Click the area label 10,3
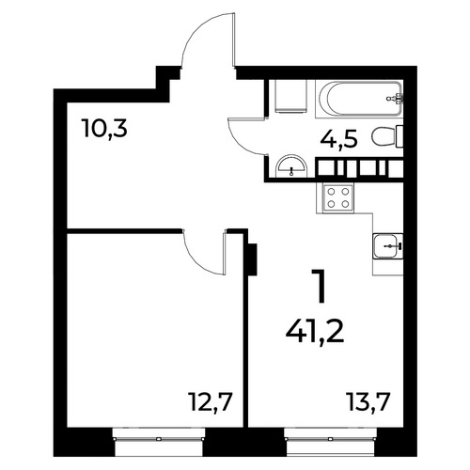pyautogui.click(x=105, y=129)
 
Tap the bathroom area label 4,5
pyautogui.click(x=338, y=138)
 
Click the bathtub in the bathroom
pyautogui.click(x=359, y=98)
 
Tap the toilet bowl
pyautogui.click(x=383, y=136)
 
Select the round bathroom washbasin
pyautogui.click(x=291, y=164)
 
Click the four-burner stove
pyautogui.click(x=338, y=197)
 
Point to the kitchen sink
pyautogui.click(x=388, y=246)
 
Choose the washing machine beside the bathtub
pyautogui.click(x=290, y=96)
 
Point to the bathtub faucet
pyautogui.click(x=396, y=99)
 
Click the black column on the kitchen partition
pyautogui.click(x=252, y=259)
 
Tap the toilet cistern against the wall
pyautogui.click(x=399, y=136)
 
